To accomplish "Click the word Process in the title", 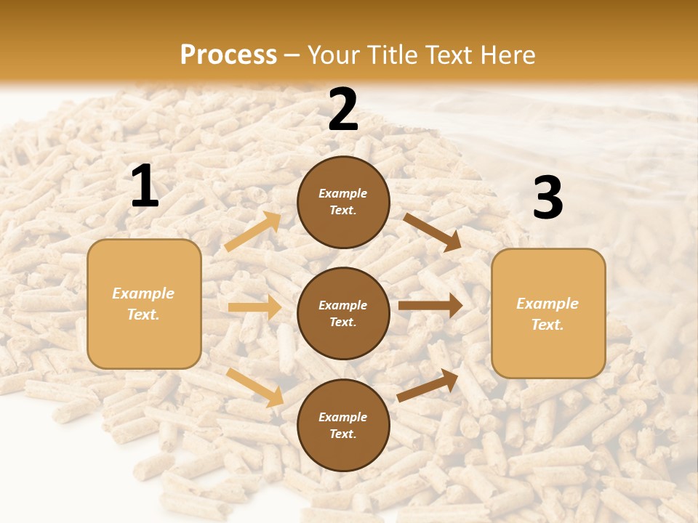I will (x=228, y=55).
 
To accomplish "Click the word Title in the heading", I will (x=386, y=55).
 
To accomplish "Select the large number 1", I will (x=145, y=187).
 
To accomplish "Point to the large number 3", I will (x=547, y=198).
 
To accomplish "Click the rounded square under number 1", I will (x=144, y=304).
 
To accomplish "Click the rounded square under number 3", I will (x=548, y=313).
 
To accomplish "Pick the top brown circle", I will (x=343, y=202).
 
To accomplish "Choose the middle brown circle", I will (x=343, y=313).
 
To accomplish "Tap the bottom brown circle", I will (x=343, y=425).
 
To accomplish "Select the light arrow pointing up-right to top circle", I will (x=253, y=232).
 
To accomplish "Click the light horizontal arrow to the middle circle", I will (x=255, y=307).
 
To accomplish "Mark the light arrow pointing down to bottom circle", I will (x=255, y=387).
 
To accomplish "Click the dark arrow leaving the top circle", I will (x=433, y=232).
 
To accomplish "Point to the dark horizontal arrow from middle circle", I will (x=430, y=305).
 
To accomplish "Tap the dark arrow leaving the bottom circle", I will (x=428, y=385).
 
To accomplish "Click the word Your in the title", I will (x=334, y=55).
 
